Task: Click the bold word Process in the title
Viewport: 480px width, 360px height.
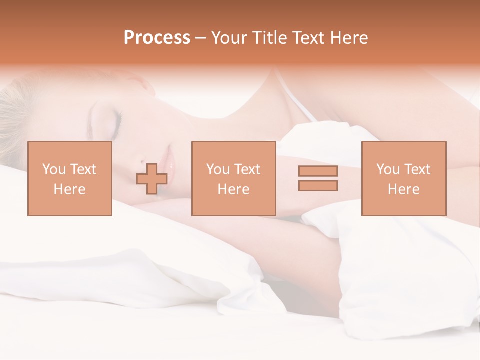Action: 157,38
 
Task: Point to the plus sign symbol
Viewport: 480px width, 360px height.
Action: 152,179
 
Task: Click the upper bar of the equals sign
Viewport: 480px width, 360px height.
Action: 318,171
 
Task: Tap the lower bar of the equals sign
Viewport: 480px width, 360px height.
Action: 318,186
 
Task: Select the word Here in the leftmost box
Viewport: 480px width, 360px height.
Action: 69,189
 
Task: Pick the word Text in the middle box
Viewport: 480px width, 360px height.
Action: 247,169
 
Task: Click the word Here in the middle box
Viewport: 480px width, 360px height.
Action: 233,189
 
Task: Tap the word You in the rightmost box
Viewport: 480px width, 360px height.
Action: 388,169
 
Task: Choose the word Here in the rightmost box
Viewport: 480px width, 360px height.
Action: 403,189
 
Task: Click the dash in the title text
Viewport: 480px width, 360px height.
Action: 200,38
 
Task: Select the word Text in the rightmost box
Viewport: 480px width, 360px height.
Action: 417,169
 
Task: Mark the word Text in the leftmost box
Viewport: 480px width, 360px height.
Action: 83,169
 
